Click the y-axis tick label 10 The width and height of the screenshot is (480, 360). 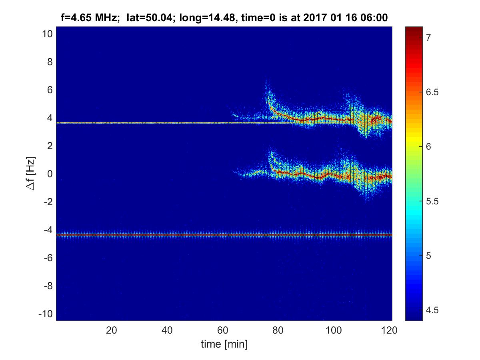point(47,34)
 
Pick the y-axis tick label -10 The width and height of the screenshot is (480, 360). point(45,313)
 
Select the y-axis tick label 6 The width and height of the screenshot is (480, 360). point(49,90)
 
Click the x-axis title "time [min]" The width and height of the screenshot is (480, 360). point(224,344)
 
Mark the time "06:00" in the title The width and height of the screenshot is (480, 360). point(375,18)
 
